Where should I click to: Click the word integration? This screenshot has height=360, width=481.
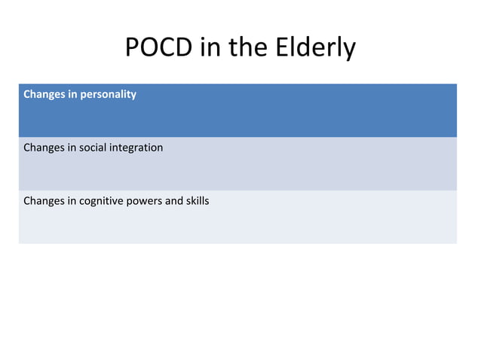click(x=137, y=148)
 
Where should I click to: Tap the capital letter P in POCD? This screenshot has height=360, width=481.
click(x=132, y=47)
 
